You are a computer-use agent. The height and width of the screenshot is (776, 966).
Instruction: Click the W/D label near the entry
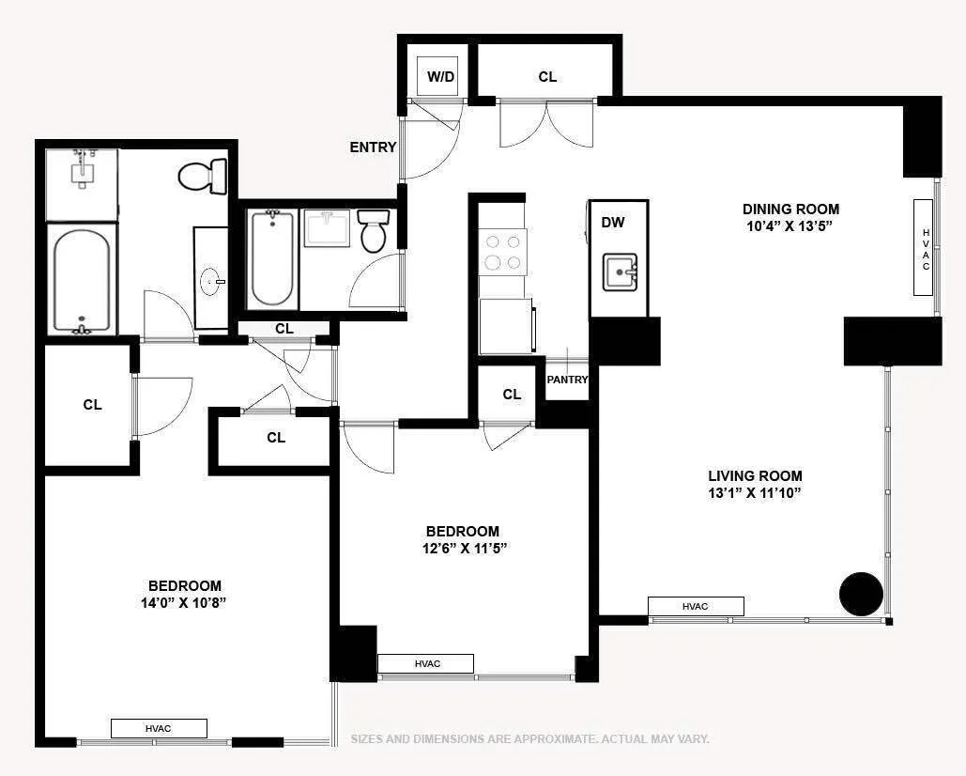click(441, 77)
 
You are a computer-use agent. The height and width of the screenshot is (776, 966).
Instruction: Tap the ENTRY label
click(373, 147)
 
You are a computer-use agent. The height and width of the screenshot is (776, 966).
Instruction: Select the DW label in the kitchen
click(613, 223)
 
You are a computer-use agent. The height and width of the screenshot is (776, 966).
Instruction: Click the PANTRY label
click(568, 380)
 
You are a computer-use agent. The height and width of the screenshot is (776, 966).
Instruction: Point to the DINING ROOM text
click(790, 210)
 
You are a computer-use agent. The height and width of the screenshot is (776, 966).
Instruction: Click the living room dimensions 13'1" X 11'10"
click(755, 493)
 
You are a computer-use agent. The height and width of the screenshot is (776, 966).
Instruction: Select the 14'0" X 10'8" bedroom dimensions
click(184, 603)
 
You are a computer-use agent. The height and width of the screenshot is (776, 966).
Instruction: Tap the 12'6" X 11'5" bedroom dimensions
click(465, 549)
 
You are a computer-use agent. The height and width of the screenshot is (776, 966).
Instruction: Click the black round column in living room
click(861, 594)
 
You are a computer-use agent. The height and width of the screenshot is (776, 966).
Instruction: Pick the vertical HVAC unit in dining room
click(926, 249)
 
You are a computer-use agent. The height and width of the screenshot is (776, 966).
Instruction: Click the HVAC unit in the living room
click(696, 607)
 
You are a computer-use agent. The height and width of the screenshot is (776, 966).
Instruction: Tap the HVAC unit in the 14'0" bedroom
click(159, 728)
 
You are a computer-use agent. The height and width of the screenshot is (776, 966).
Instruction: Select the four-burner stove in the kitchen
click(502, 252)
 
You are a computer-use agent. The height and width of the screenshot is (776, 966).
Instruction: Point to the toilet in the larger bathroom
click(204, 176)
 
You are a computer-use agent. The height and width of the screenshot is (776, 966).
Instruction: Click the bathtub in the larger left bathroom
click(82, 280)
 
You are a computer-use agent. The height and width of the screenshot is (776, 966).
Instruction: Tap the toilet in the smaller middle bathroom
click(374, 231)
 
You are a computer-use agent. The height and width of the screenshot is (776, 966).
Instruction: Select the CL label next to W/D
click(547, 77)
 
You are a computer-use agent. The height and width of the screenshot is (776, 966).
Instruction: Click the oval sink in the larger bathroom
click(211, 280)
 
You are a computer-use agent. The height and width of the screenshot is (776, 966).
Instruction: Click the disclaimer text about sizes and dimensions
click(529, 739)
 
